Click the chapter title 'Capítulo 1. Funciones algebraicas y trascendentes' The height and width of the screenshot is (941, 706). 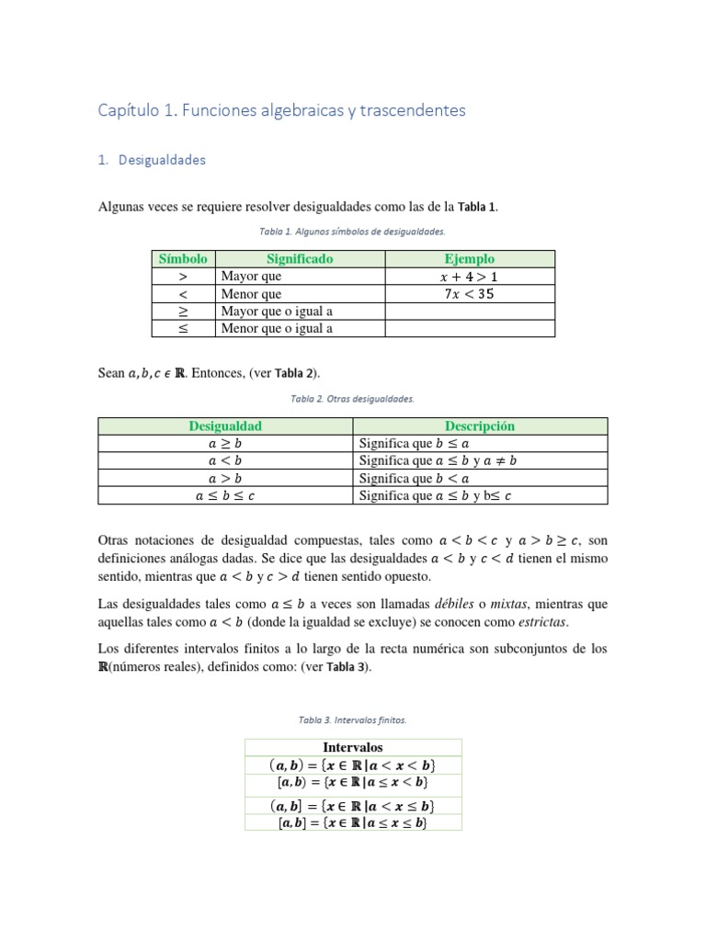282,111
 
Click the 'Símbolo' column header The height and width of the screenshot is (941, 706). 183,259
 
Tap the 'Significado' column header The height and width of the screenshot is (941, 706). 300,259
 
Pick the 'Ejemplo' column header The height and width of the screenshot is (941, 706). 470,259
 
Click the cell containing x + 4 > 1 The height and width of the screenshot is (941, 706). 470,277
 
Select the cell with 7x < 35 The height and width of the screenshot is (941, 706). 470,294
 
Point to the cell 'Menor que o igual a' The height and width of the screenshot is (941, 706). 277,328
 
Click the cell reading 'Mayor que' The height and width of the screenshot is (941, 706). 251,277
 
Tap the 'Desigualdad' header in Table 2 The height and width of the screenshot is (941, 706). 225,425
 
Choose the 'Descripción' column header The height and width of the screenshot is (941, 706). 480,425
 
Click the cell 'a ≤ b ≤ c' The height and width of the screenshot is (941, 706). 225,495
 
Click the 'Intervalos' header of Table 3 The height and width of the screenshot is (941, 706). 353,747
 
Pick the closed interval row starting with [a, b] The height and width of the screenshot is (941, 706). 353,823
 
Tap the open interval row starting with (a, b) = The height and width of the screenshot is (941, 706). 353,765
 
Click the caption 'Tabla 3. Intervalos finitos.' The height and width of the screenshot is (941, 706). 353,720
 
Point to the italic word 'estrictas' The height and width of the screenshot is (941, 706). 541,622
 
